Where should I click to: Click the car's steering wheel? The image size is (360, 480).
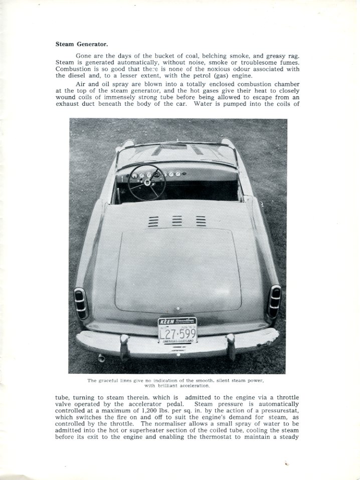(147, 182)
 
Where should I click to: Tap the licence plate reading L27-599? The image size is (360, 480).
(178, 333)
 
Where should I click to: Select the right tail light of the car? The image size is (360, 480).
(275, 301)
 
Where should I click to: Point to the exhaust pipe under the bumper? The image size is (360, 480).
(100, 358)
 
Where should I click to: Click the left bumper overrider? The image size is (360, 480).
(124, 346)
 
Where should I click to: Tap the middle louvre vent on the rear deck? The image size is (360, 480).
(177, 221)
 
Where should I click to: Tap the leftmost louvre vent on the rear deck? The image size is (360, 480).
(153, 221)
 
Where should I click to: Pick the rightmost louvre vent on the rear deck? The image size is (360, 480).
(201, 221)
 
